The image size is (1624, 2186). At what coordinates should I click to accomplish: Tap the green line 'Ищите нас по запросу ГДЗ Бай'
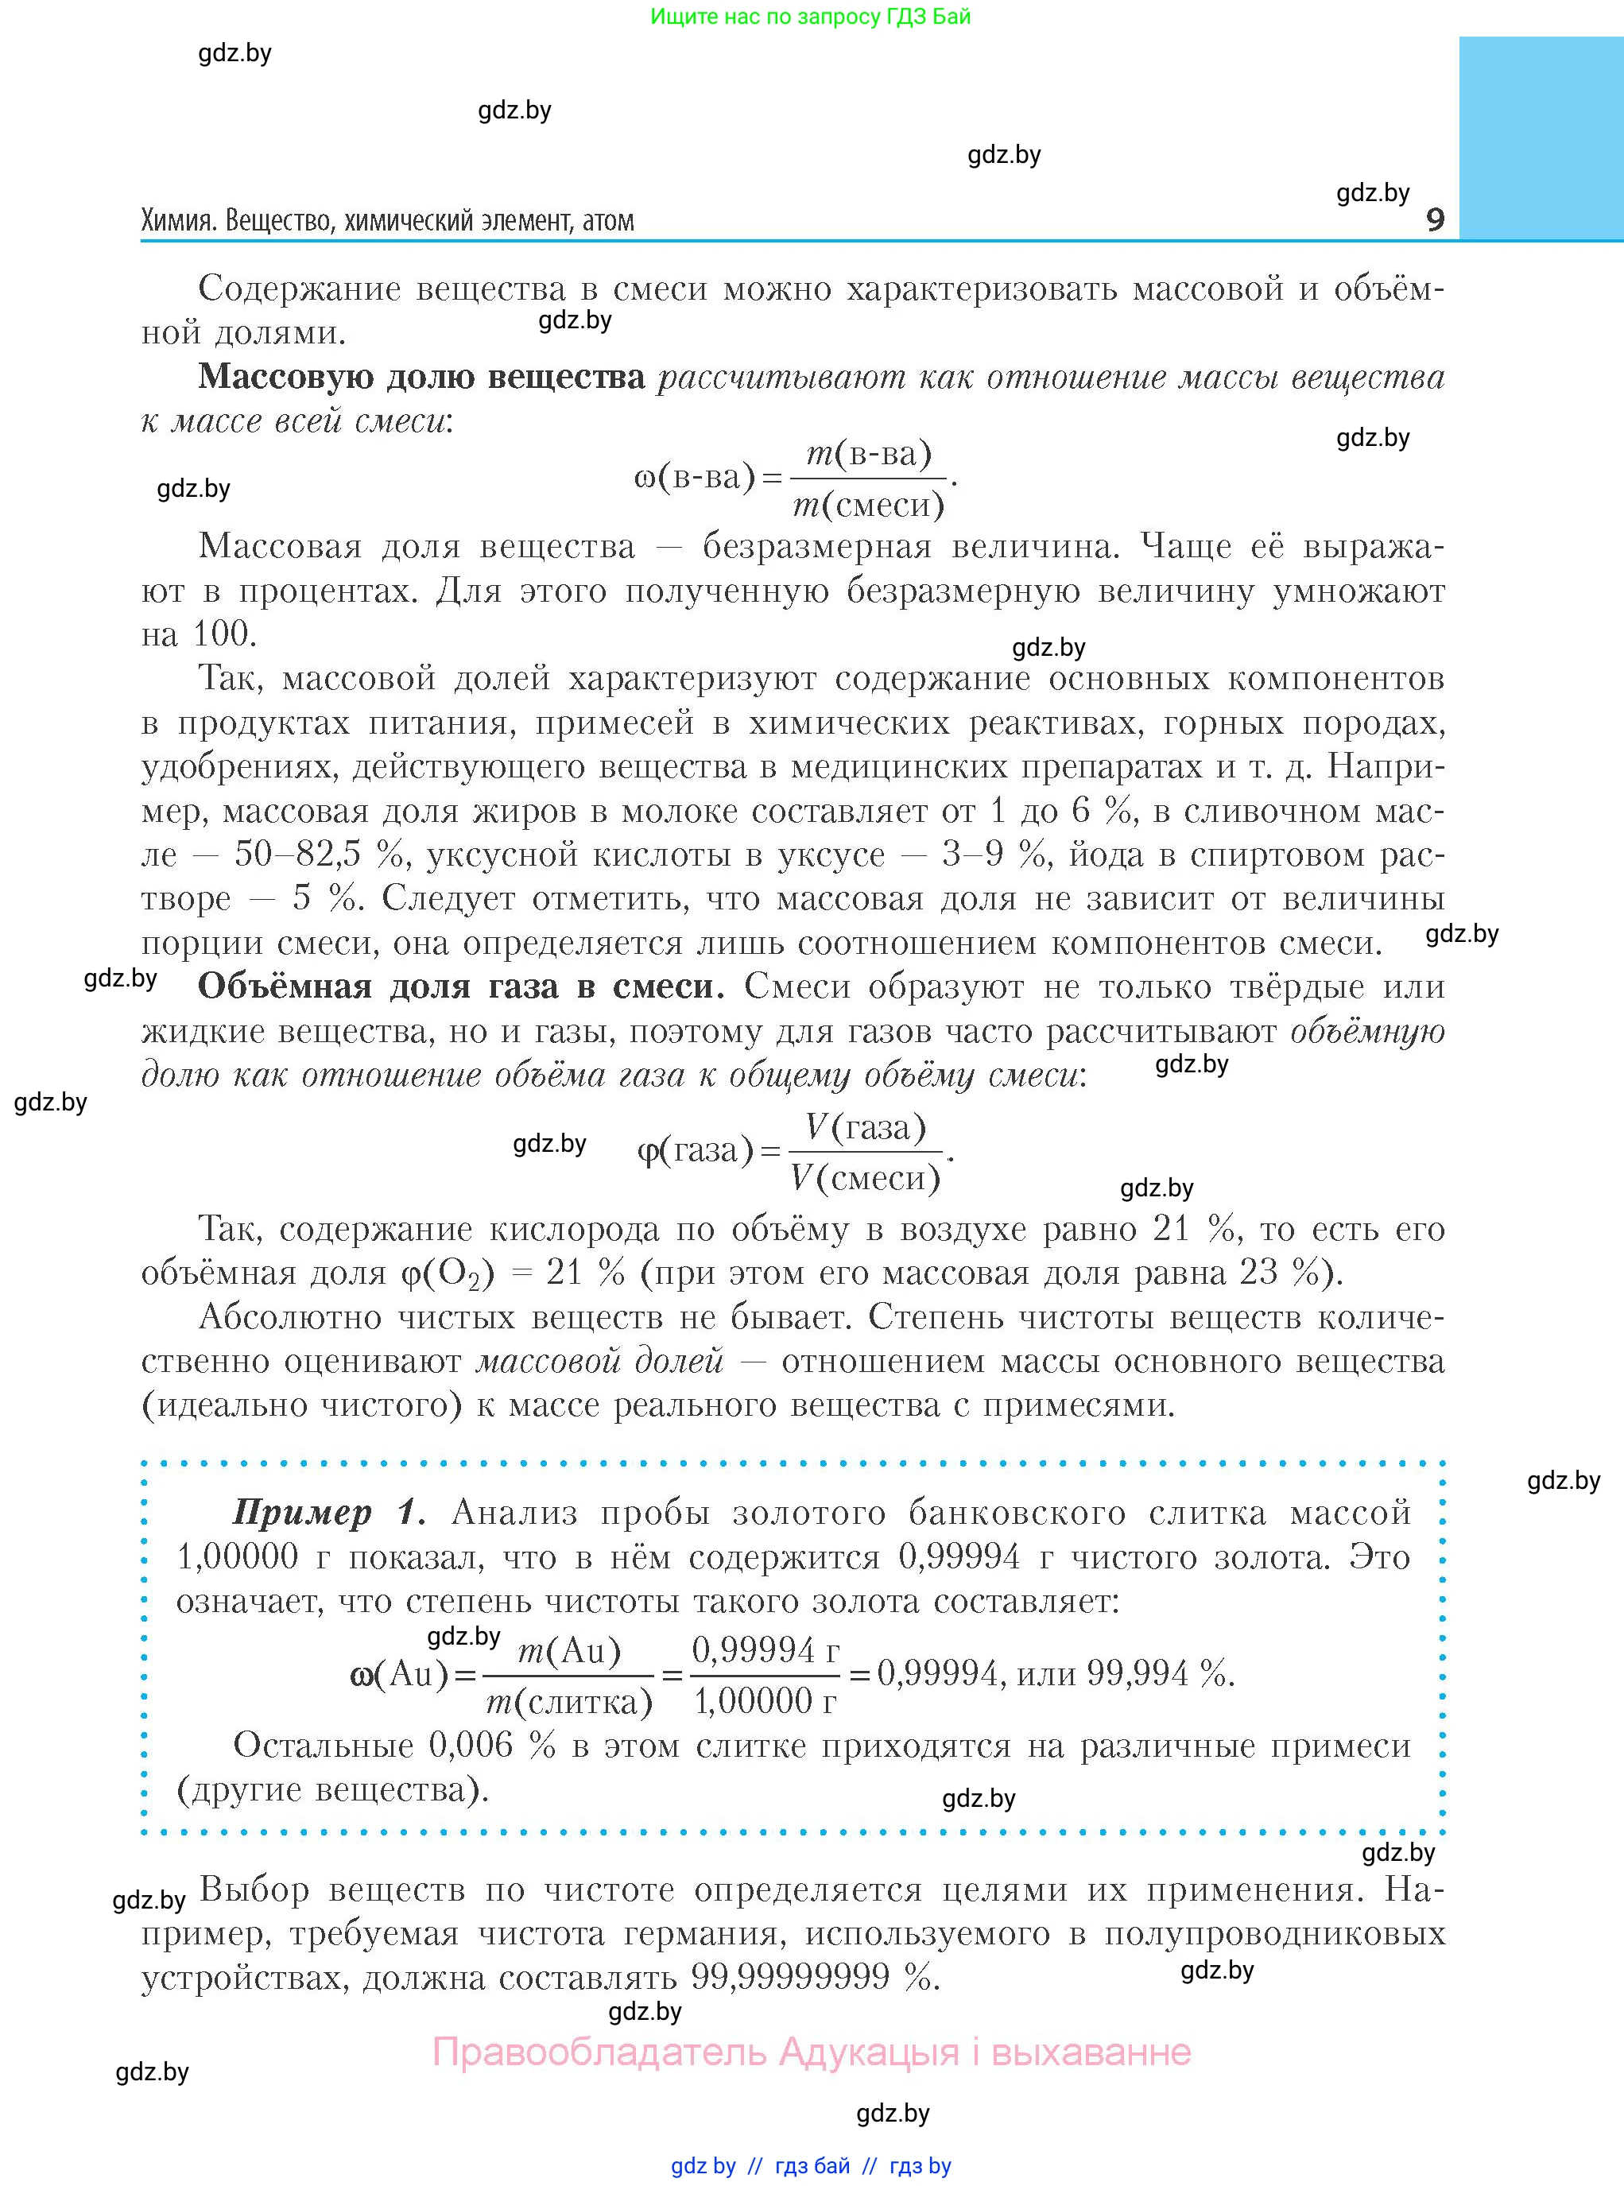(810, 17)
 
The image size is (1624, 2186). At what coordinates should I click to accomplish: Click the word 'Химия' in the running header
(178, 220)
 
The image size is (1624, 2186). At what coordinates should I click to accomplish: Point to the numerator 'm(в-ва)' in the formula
(868, 453)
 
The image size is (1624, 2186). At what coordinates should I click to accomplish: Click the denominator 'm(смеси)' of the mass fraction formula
(868, 504)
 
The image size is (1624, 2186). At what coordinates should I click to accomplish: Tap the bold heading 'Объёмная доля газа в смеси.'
(461, 986)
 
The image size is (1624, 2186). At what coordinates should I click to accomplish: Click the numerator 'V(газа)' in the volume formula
(865, 1126)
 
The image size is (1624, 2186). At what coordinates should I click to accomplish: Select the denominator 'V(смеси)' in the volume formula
(865, 1176)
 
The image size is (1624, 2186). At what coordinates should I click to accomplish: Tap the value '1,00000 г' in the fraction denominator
(765, 1701)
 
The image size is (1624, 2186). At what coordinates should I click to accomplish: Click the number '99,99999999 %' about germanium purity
(812, 1977)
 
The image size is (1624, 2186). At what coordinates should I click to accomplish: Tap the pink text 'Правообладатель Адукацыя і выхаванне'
(812, 2052)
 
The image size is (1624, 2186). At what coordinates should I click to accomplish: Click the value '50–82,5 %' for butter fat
(319, 855)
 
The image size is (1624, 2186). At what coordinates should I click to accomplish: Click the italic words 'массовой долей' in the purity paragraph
(599, 1362)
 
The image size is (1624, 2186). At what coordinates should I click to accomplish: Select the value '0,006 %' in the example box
(491, 1746)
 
